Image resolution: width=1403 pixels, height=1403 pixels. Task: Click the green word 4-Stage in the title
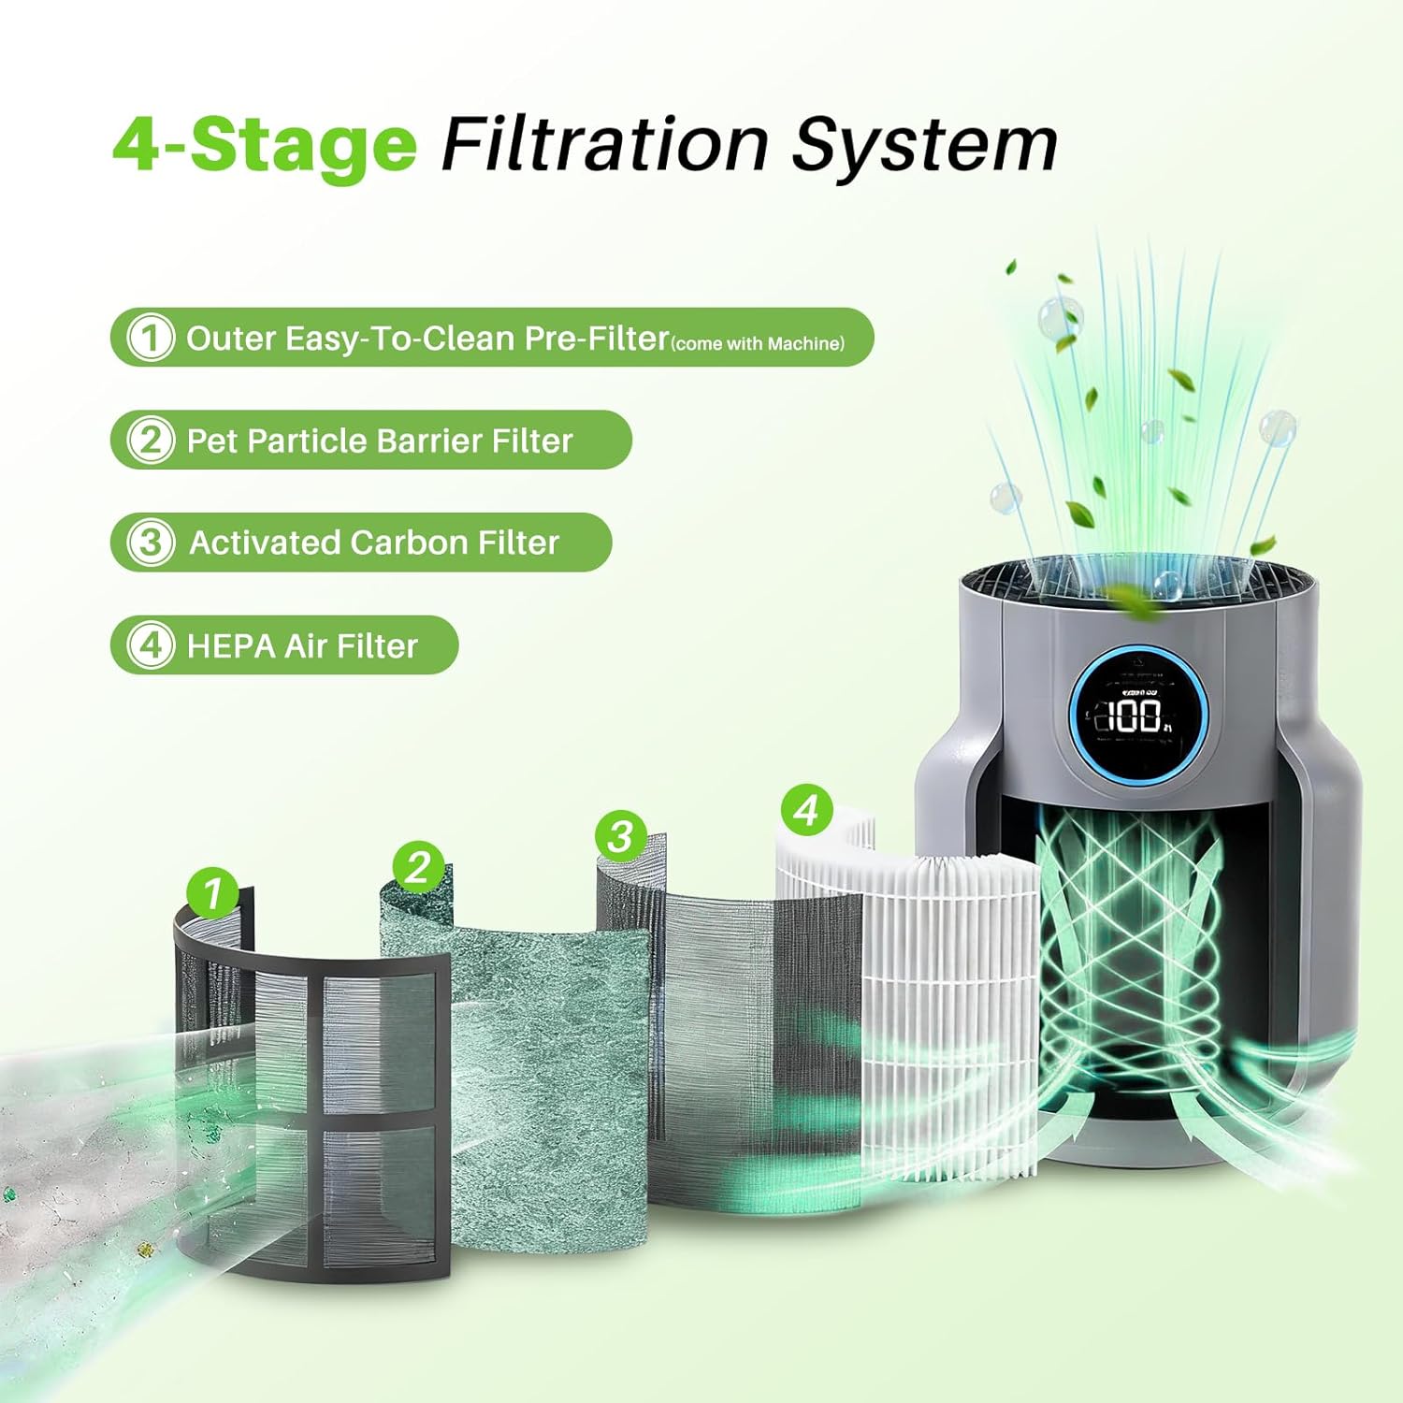[265, 145]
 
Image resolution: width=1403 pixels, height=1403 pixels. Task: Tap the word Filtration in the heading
[604, 145]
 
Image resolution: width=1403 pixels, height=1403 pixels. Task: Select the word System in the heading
[924, 147]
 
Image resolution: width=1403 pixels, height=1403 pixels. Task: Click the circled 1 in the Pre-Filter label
[150, 338]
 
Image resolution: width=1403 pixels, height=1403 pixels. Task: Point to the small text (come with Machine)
[758, 344]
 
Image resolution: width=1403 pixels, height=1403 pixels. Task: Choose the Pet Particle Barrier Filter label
[379, 441]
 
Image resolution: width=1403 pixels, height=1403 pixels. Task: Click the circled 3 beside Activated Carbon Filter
[150, 542]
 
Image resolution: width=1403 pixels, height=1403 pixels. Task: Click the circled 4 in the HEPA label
[150, 645]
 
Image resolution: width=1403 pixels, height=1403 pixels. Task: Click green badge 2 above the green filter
[418, 867]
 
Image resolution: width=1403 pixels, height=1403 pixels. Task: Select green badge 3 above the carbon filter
[620, 835]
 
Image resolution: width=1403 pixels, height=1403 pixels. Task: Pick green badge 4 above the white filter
[806, 809]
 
